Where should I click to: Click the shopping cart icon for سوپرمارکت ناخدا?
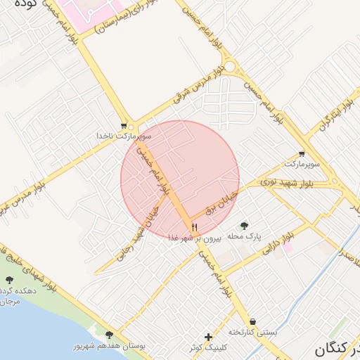[124, 127]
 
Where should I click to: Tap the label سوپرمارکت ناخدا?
[124, 136]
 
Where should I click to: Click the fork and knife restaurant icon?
[194, 226]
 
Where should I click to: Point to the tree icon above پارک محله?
[244, 226]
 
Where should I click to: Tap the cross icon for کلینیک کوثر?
[207, 337]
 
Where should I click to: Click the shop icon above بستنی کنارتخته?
[252, 321]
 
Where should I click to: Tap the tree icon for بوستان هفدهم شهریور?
[108, 335]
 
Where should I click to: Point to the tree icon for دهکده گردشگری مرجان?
[10, 280]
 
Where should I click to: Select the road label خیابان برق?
[222, 201]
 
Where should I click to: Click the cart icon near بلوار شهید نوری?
[302, 153]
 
